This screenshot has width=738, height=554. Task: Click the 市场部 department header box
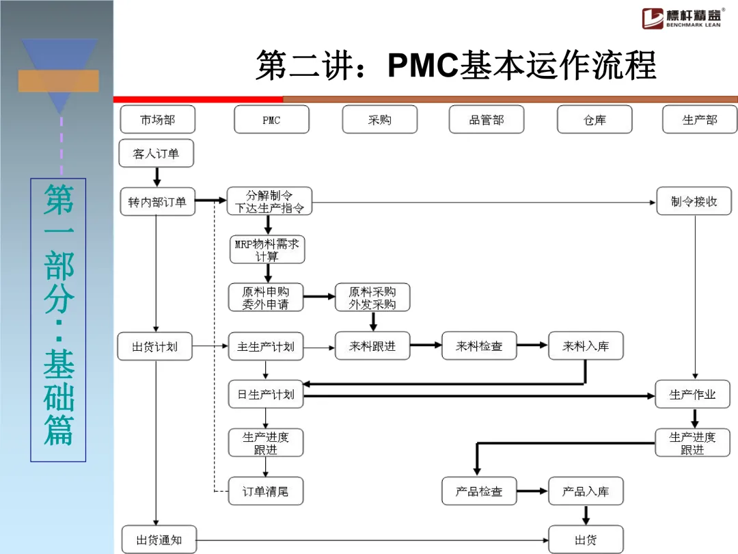coord(157,120)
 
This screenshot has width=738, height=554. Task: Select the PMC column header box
coord(271,120)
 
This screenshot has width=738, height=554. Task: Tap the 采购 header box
coord(379,120)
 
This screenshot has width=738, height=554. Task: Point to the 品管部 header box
coord(487,120)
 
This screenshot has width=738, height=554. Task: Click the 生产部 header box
coord(700,120)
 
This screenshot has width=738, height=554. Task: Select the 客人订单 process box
coord(156,153)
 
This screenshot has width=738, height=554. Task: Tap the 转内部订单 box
coord(157,202)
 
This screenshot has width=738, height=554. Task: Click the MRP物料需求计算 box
coord(267,250)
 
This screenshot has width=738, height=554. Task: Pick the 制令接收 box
coord(694,202)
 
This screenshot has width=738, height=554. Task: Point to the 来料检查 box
coord(479,346)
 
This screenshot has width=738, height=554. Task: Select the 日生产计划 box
coord(266,395)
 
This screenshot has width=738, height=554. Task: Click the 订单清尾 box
coord(266,491)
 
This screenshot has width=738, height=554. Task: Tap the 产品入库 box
coord(586,491)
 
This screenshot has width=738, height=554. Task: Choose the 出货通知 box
coord(159,540)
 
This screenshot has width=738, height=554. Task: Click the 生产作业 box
coord(692,395)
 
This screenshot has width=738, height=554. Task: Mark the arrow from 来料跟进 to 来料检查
coord(426,345)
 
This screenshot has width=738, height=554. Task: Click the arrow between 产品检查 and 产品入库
coord(532,491)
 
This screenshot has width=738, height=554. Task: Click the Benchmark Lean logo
coord(682,18)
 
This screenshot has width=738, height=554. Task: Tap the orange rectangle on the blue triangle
coord(59,81)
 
